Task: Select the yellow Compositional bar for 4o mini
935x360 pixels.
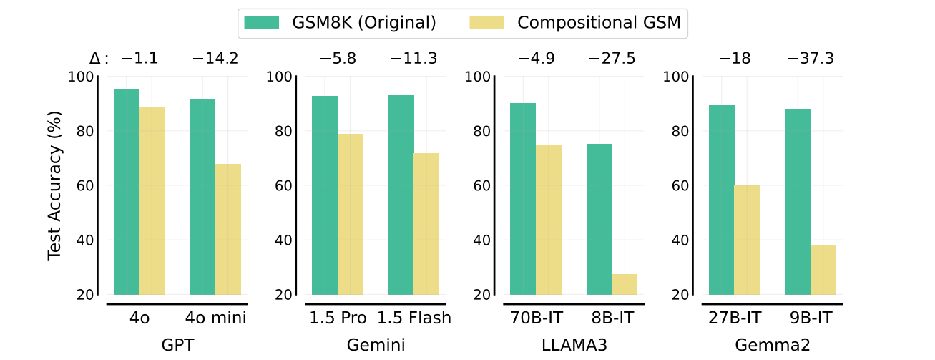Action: pyautogui.click(x=228, y=229)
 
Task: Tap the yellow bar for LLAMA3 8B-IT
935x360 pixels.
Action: pyautogui.click(x=625, y=284)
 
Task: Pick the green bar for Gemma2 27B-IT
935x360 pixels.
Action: pyautogui.click(x=721, y=200)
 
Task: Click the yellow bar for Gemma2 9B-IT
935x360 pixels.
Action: pyautogui.click(x=823, y=270)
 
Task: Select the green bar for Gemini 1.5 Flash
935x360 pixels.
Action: pyautogui.click(x=401, y=195)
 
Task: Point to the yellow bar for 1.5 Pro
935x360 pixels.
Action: pyautogui.click(x=351, y=214)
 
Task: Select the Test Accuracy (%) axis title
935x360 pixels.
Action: pyautogui.click(x=55, y=185)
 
